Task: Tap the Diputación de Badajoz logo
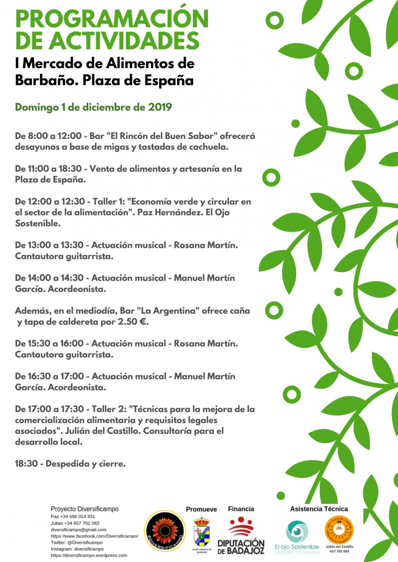(x=241, y=535)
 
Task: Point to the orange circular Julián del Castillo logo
(x=339, y=529)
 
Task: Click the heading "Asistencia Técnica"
(x=319, y=509)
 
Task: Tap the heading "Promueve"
(x=201, y=509)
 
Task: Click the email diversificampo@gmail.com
(x=78, y=529)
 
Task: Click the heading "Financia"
(x=241, y=509)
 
